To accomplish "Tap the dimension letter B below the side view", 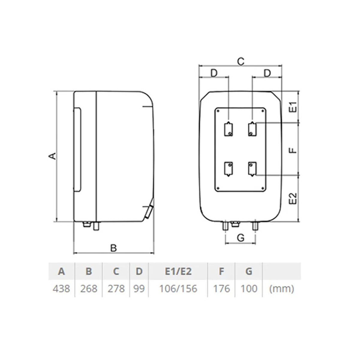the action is click(114, 248).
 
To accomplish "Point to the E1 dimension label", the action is click(294, 107).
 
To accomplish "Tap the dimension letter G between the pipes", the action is click(241, 238).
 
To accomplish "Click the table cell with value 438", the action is click(61, 289).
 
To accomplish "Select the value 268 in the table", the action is click(89, 289).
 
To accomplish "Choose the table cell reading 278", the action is click(116, 289).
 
